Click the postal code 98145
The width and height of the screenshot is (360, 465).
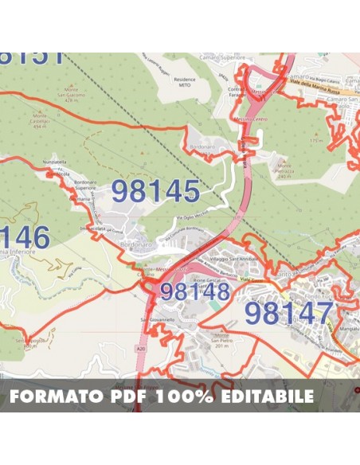click(155, 191)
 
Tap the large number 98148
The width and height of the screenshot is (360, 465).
click(195, 291)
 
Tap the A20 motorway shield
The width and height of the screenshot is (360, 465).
click(141, 349)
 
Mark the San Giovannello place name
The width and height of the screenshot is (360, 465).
click(157, 319)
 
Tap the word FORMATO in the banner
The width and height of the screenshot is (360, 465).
click(55, 397)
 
